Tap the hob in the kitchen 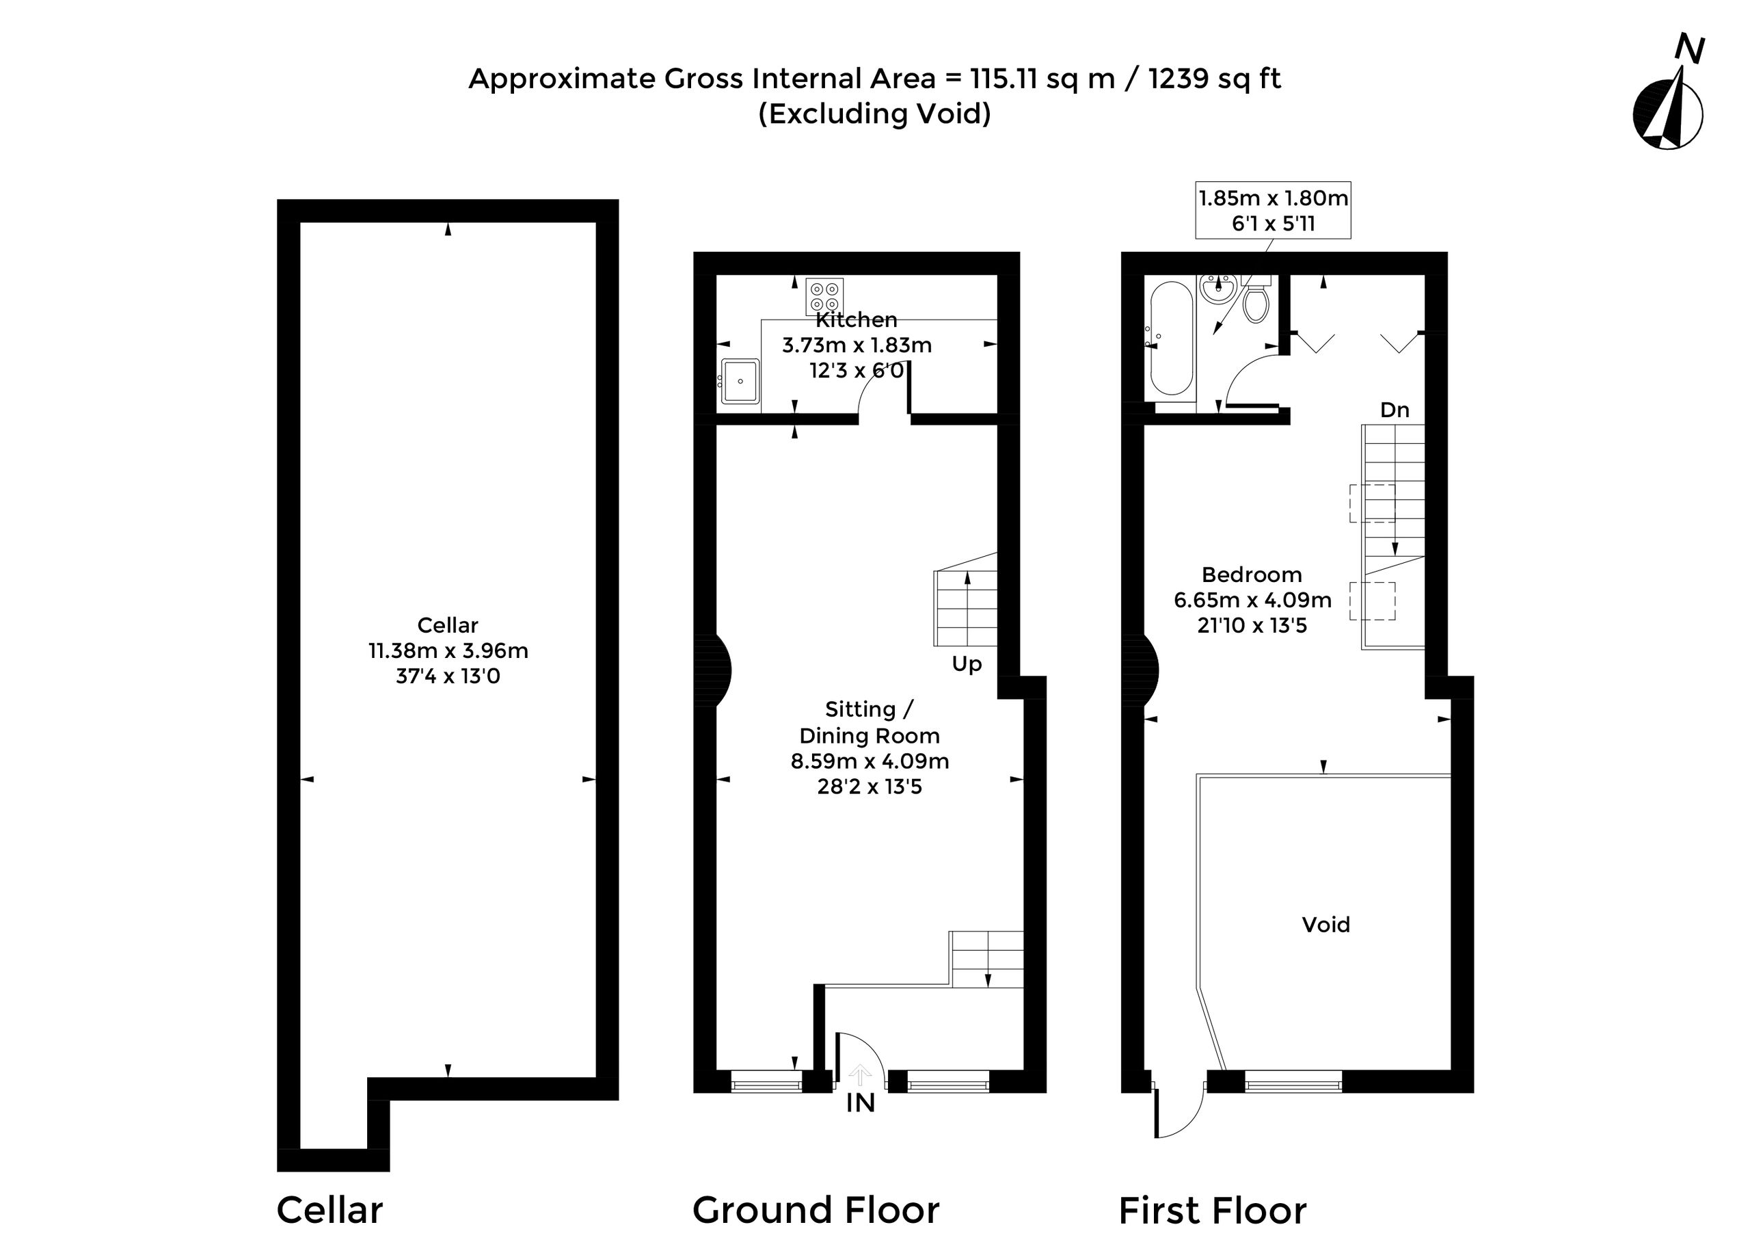tap(825, 297)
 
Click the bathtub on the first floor tap(1171, 339)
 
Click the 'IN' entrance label tap(860, 1103)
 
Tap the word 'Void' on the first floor tap(1325, 925)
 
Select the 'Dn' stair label tap(1395, 410)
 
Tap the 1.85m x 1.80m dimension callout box tap(1273, 210)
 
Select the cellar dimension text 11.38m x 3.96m tap(448, 650)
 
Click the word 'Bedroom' tap(1252, 575)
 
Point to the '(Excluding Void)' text tap(874, 114)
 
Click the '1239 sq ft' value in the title tap(1214, 79)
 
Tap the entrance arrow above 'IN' tap(860, 1074)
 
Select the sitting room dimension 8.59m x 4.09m tap(870, 761)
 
